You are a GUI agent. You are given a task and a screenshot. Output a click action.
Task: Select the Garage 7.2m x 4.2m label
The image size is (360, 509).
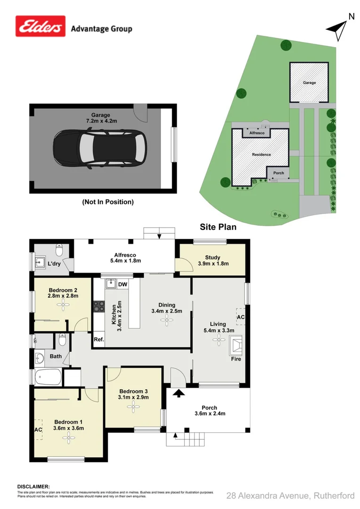click(x=101, y=118)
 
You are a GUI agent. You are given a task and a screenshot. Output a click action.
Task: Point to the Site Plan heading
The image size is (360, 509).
click(x=218, y=227)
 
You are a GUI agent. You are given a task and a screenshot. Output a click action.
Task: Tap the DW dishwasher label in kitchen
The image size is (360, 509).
click(x=123, y=284)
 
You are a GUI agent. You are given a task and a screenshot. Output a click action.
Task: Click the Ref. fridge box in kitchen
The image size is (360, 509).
click(x=99, y=339)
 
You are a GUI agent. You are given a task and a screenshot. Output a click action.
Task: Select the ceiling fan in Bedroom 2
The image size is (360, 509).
click(x=63, y=305)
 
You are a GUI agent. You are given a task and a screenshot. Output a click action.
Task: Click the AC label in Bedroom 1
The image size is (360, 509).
click(x=38, y=429)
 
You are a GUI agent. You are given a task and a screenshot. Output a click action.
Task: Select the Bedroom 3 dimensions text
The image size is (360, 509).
click(x=134, y=397)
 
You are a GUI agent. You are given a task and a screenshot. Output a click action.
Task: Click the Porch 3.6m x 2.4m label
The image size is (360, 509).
click(x=209, y=410)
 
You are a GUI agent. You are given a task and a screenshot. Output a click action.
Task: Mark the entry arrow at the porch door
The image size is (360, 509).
click(x=179, y=393)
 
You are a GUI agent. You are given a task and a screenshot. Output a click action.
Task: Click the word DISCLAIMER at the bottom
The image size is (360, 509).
click(x=33, y=486)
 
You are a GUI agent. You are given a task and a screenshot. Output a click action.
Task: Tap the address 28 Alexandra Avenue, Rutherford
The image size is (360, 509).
click(x=290, y=495)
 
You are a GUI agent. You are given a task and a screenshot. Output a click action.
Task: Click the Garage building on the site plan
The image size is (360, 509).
click(x=309, y=82)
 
